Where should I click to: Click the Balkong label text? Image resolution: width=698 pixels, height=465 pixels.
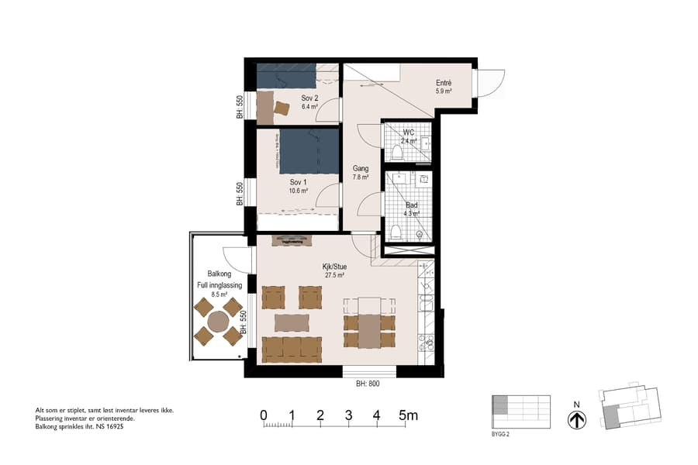219,274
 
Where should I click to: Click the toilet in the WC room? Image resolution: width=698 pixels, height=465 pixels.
397,151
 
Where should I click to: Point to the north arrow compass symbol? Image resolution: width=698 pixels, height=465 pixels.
577,419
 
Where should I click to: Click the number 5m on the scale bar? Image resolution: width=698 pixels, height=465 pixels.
407,415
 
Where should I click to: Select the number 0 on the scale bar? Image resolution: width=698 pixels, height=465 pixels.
264,415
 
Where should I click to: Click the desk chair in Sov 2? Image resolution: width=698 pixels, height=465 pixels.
281,108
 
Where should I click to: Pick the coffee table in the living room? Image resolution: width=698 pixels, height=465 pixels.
292,322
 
